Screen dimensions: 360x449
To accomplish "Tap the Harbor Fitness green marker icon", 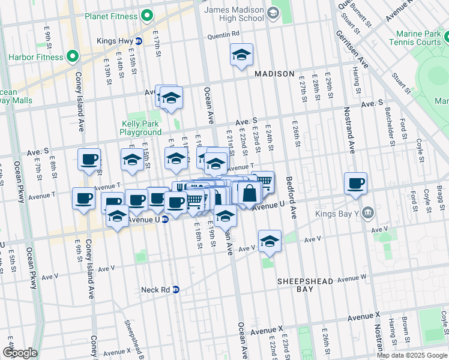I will tap(73, 57).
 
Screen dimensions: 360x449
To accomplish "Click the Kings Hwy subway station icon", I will tap(139, 41).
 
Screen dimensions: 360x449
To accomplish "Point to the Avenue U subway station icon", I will tap(164, 220).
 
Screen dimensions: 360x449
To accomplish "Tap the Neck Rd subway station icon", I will tap(176, 289).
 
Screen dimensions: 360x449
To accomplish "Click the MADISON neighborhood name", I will tap(274, 74).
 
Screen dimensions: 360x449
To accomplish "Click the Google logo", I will tap(19, 352).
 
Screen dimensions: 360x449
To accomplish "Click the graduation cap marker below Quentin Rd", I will tap(241, 55).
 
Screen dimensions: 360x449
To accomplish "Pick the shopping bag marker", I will tap(249, 193).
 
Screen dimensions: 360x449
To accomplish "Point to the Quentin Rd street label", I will tap(225, 34).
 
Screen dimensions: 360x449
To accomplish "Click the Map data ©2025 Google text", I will tap(412, 355).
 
